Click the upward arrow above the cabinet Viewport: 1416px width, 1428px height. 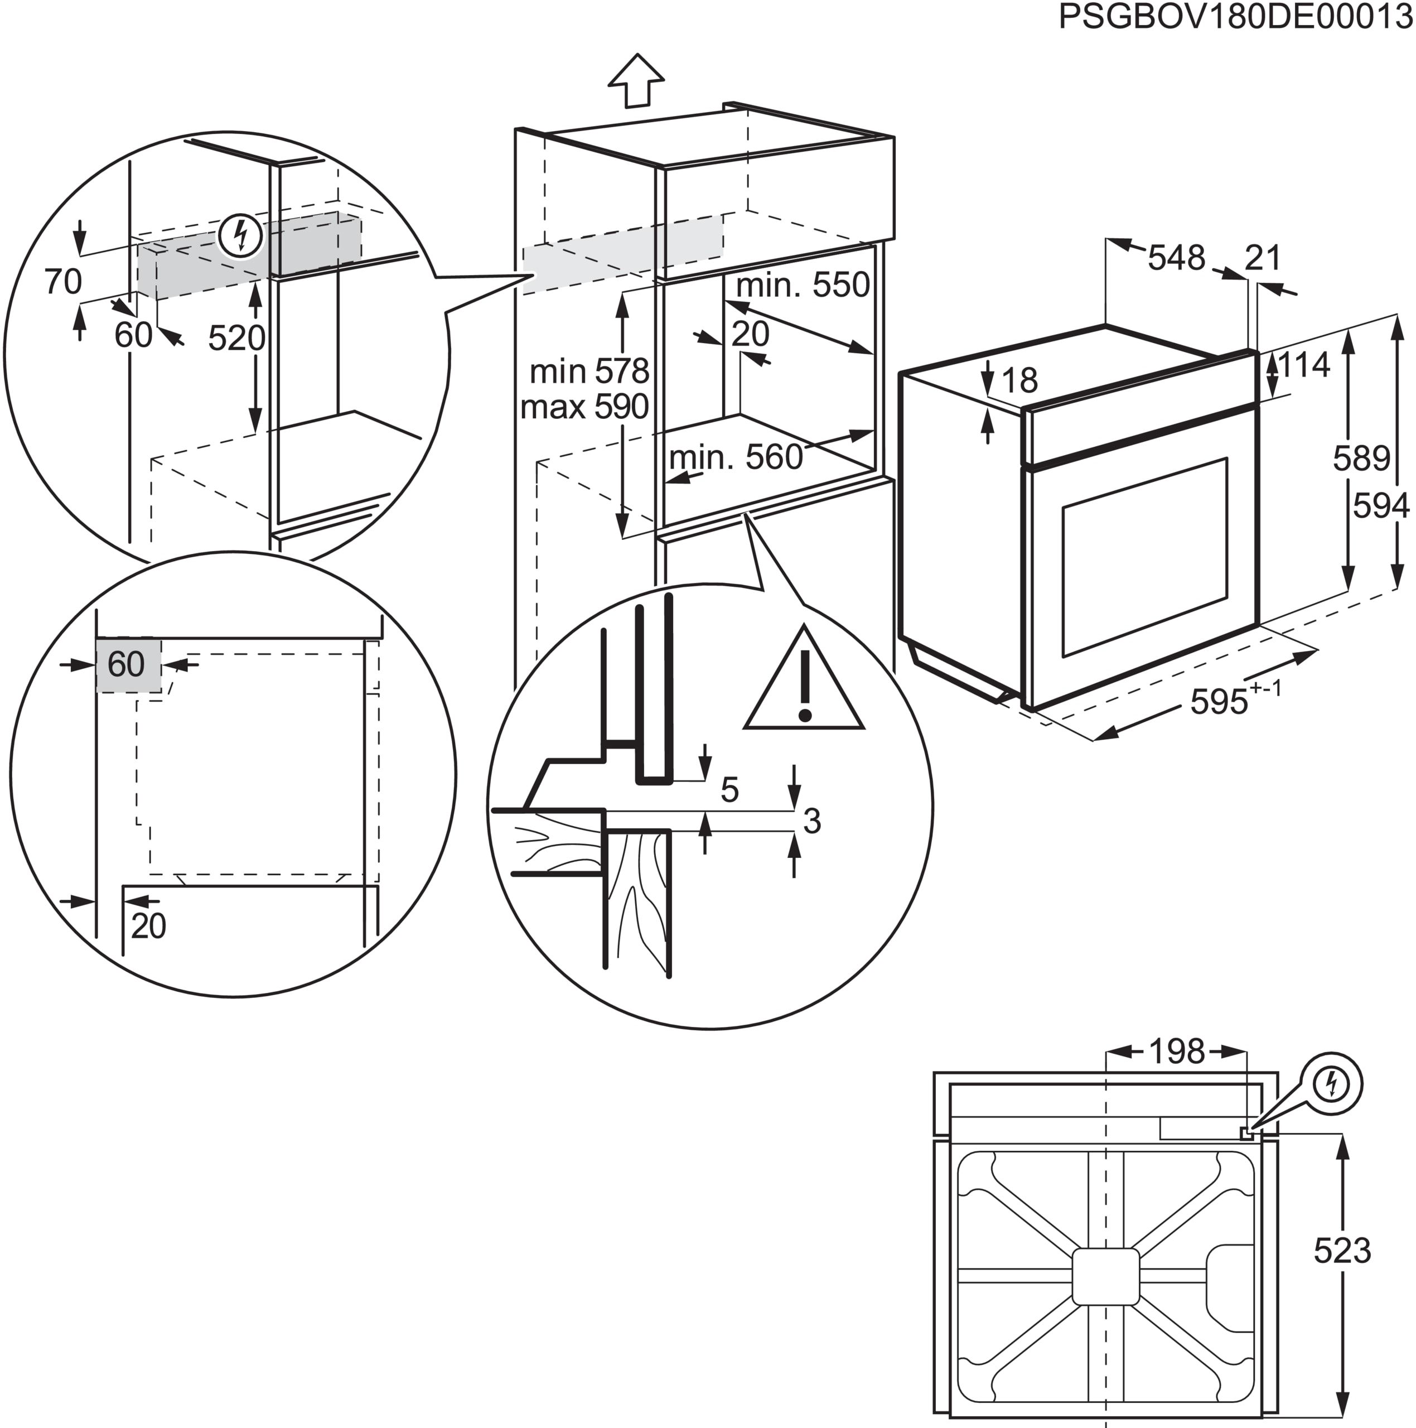[x=636, y=80]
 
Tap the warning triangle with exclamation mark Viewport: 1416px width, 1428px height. [x=804, y=684]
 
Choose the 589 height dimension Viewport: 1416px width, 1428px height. [x=1361, y=459]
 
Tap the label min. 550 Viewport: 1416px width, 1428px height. [x=803, y=285]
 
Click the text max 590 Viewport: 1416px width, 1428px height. [x=584, y=407]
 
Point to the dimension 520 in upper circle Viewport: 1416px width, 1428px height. [x=236, y=339]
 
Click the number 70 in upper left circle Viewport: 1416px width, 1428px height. [x=63, y=282]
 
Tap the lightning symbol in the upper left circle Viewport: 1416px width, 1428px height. [x=240, y=237]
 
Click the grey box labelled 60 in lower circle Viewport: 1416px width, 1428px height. [x=127, y=664]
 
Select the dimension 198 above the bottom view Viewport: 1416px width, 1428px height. [x=1177, y=1051]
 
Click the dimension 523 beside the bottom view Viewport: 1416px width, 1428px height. [x=1341, y=1251]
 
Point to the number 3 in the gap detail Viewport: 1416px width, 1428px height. [x=811, y=821]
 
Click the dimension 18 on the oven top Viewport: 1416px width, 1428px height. [x=1020, y=380]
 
